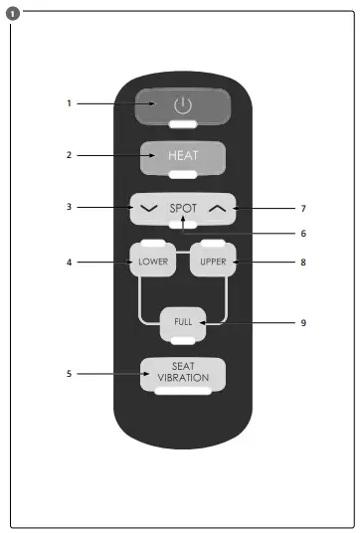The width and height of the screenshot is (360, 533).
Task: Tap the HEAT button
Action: pyautogui.click(x=182, y=156)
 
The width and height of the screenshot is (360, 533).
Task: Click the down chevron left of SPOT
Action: pyautogui.click(x=149, y=209)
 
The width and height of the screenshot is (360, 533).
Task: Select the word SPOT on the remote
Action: pyautogui.click(x=183, y=209)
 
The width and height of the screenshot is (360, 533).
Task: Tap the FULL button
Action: pyautogui.click(x=183, y=323)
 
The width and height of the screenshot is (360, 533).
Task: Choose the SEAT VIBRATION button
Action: pyautogui.click(x=182, y=374)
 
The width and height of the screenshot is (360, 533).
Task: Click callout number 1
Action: pyautogui.click(x=70, y=103)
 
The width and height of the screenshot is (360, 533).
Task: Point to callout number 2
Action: pyautogui.click(x=70, y=156)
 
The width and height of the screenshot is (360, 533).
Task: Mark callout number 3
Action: pyautogui.click(x=70, y=208)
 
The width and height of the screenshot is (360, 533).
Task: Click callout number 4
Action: pyautogui.click(x=70, y=263)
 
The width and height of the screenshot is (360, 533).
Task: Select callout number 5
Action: pyautogui.click(x=70, y=374)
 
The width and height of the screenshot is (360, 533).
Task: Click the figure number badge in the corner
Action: pyautogui.click(x=10, y=11)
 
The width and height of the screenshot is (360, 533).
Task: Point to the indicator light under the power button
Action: pyautogui.click(x=182, y=125)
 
